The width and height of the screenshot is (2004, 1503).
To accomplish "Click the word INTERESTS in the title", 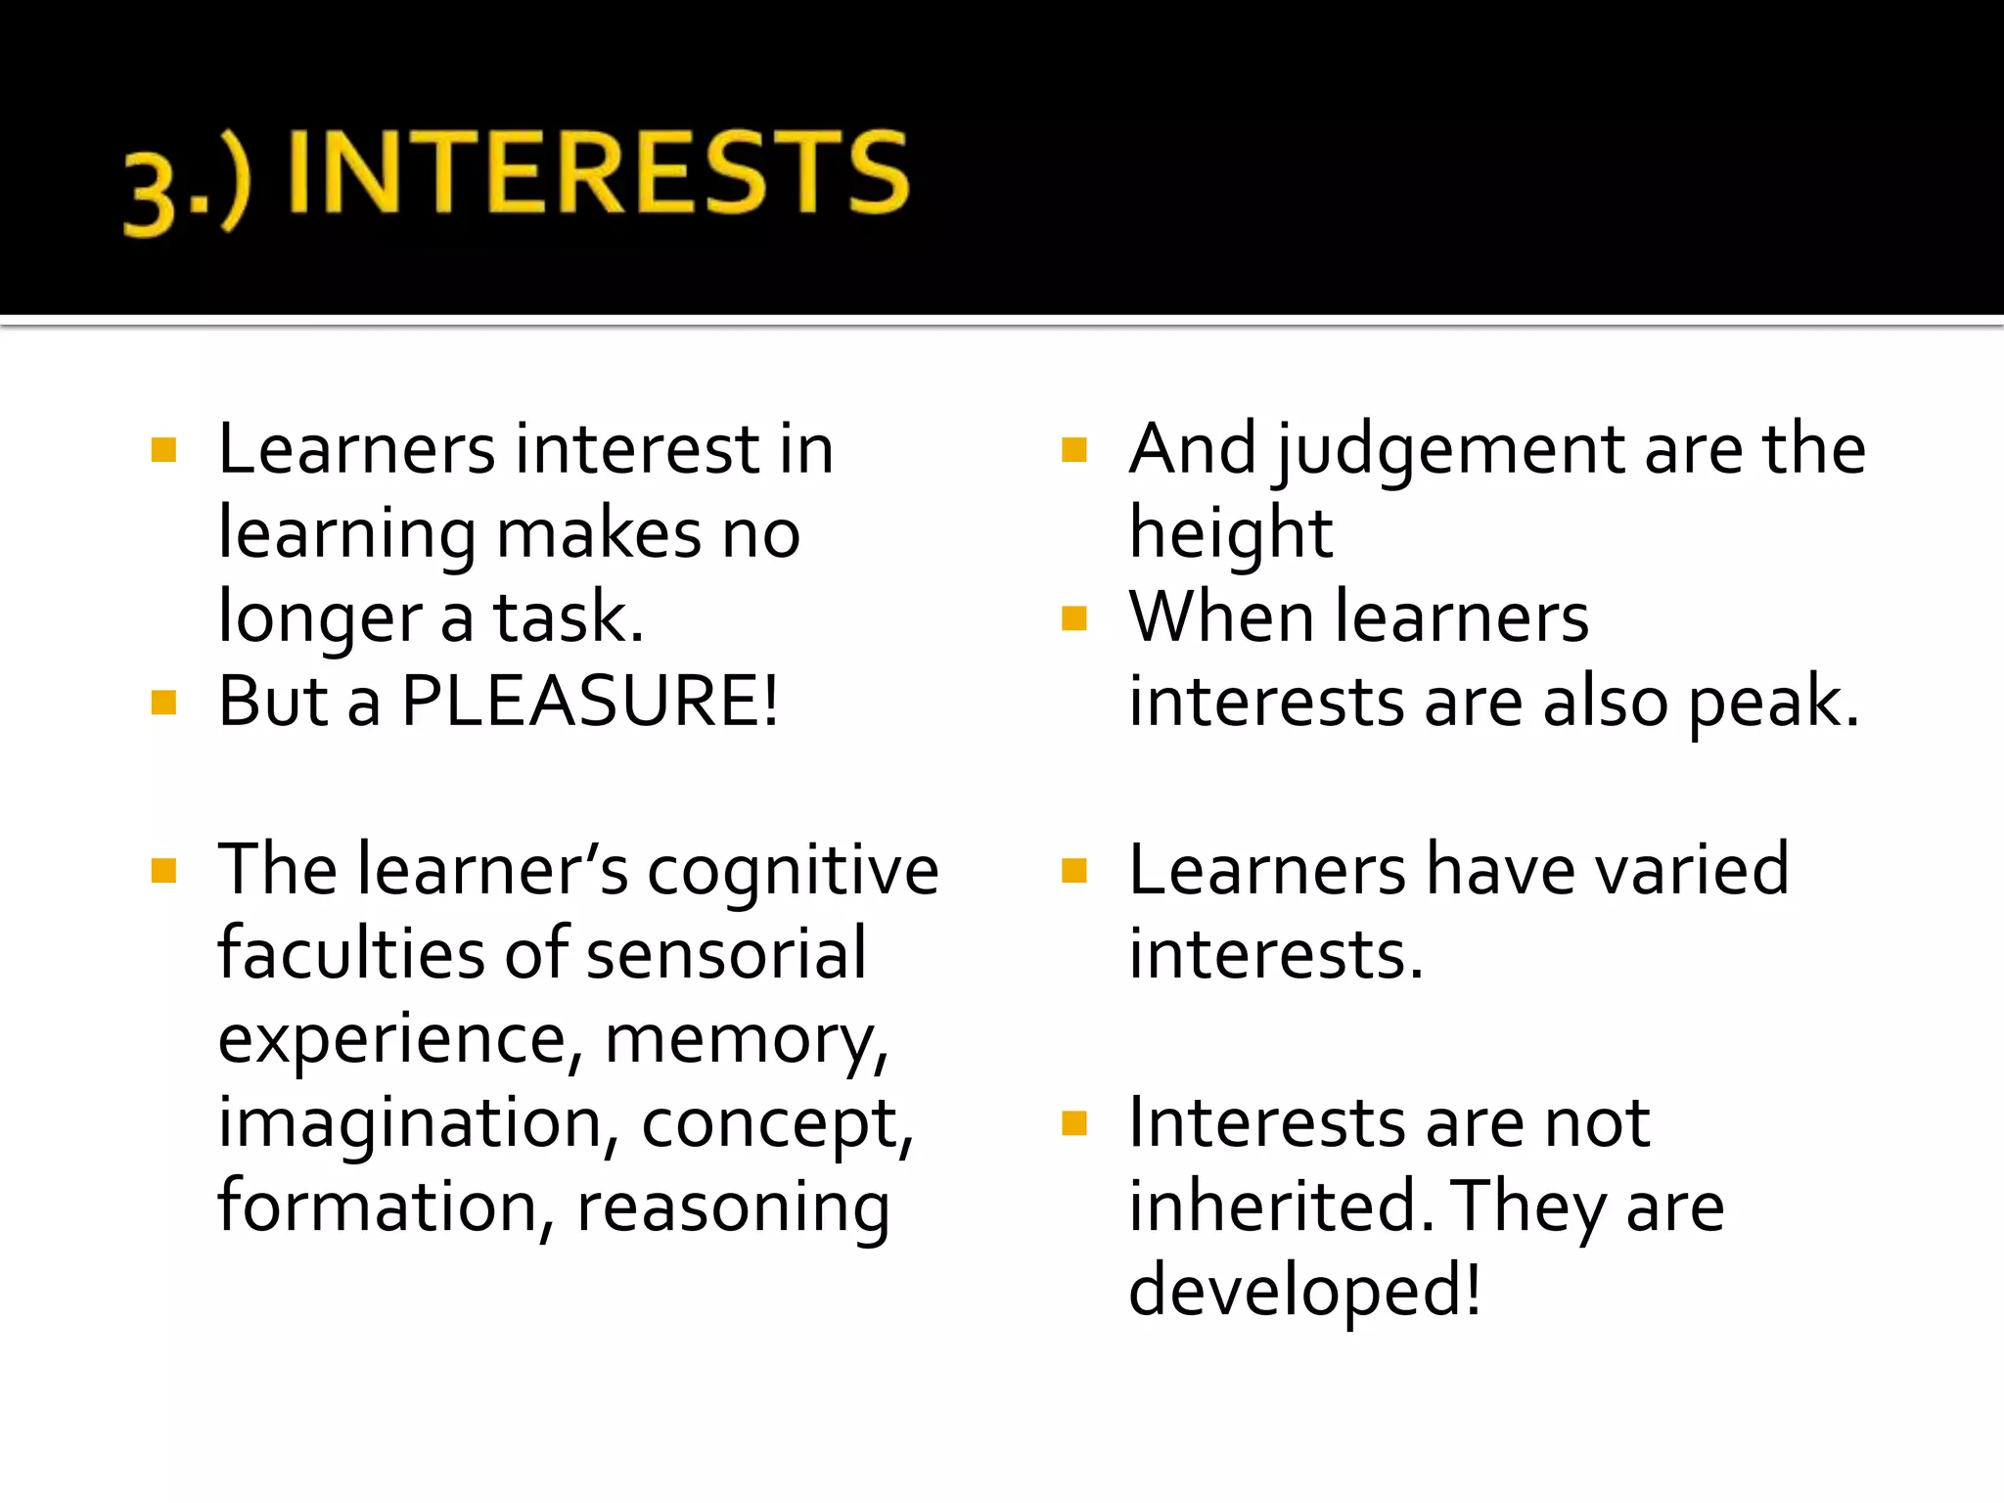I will click(599, 173).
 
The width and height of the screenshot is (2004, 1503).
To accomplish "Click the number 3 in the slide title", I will click(149, 197).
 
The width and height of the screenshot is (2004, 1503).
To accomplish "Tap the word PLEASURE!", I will click(590, 702).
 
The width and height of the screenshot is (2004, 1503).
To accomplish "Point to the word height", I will click(1230, 536).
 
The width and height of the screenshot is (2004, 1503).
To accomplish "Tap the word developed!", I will click(1304, 1291).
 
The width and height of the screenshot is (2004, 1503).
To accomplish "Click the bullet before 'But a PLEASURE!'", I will click(163, 703).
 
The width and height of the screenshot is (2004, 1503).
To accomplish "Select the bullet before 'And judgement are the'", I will click(1073, 450).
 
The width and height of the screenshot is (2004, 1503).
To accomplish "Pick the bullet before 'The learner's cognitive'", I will click(163, 870).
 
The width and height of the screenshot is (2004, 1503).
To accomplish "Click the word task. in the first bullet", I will click(569, 618).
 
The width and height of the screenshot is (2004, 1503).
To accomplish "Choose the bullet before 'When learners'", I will click(1073, 618).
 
